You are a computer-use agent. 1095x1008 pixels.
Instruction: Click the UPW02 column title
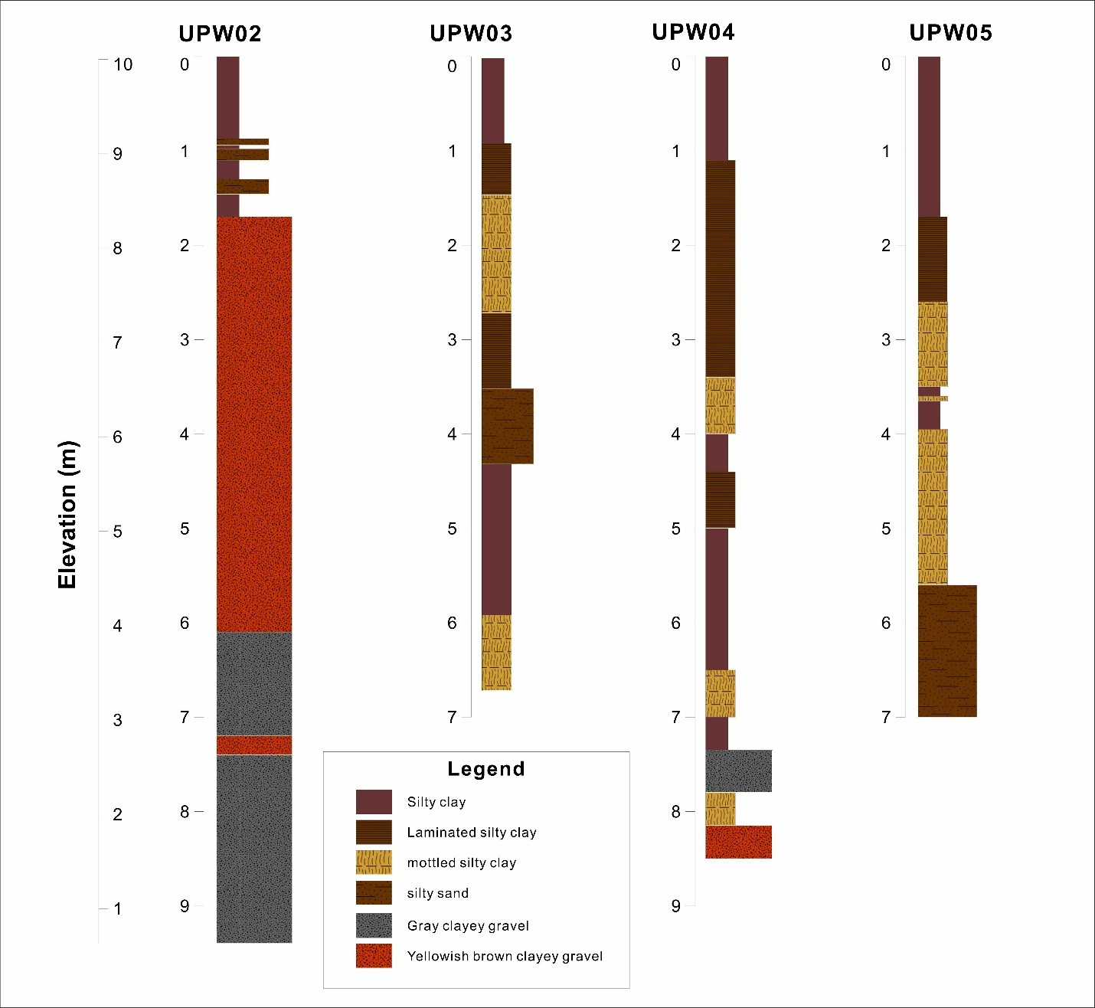[x=220, y=34]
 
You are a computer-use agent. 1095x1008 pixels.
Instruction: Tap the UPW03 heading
[x=470, y=34]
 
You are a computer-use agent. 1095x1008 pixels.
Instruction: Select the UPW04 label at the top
[x=693, y=32]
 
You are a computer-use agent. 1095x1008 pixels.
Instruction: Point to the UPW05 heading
[x=950, y=33]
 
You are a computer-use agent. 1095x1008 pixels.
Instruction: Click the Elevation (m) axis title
[x=67, y=514]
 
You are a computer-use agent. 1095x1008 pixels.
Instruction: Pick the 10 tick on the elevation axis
[x=123, y=64]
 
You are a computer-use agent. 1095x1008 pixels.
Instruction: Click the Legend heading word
[x=486, y=769]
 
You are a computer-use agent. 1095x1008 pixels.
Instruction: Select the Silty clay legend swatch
[x=374, y=802]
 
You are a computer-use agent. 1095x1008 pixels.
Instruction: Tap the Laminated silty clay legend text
[x=472, y=833]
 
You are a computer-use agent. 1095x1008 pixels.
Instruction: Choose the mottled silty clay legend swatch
[x=374, y=862]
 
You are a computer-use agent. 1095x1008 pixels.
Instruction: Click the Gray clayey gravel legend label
[x=468, y=926]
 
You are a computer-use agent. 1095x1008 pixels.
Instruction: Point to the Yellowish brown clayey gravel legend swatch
[x=374, y=956]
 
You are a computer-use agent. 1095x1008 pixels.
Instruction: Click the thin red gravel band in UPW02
[x=253, y=745]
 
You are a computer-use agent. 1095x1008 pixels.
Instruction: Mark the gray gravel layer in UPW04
[x=738, y=771]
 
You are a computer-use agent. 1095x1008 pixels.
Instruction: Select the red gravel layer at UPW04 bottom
[x=738, y=842]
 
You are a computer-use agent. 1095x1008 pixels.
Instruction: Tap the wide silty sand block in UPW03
[x=507, y=426]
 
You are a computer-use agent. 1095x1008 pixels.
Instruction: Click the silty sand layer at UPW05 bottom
[x=947, y=651]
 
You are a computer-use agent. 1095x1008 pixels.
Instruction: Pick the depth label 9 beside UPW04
[x=675, y=906]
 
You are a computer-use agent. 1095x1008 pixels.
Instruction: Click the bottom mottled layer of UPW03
[x=496, y=653]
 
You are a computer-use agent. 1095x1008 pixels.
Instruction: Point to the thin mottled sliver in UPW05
[x=933, y=398]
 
